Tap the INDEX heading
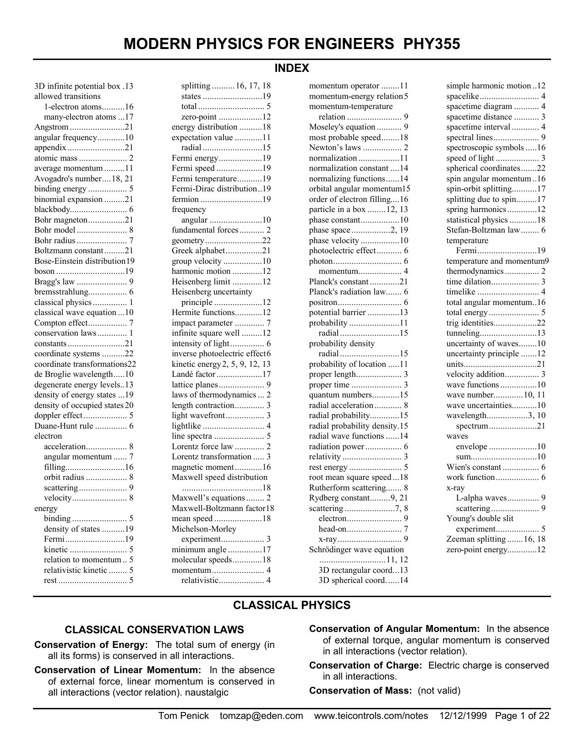pyautogui.click(x=292, y=68)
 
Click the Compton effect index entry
pyautogui.click(x=60, y=323)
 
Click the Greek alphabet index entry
pyautogui.click(x=198, y=250)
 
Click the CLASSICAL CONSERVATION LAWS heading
pyautogui.click(x=154, y=630)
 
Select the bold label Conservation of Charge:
pyautogui.click(x=365, y=665)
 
